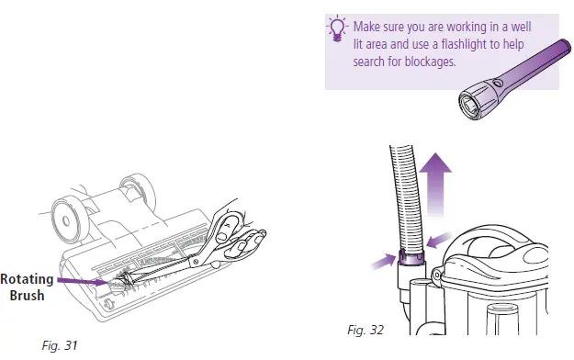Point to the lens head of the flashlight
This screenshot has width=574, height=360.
click(474, 100)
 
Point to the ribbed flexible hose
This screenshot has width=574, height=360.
click(404, 193)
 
